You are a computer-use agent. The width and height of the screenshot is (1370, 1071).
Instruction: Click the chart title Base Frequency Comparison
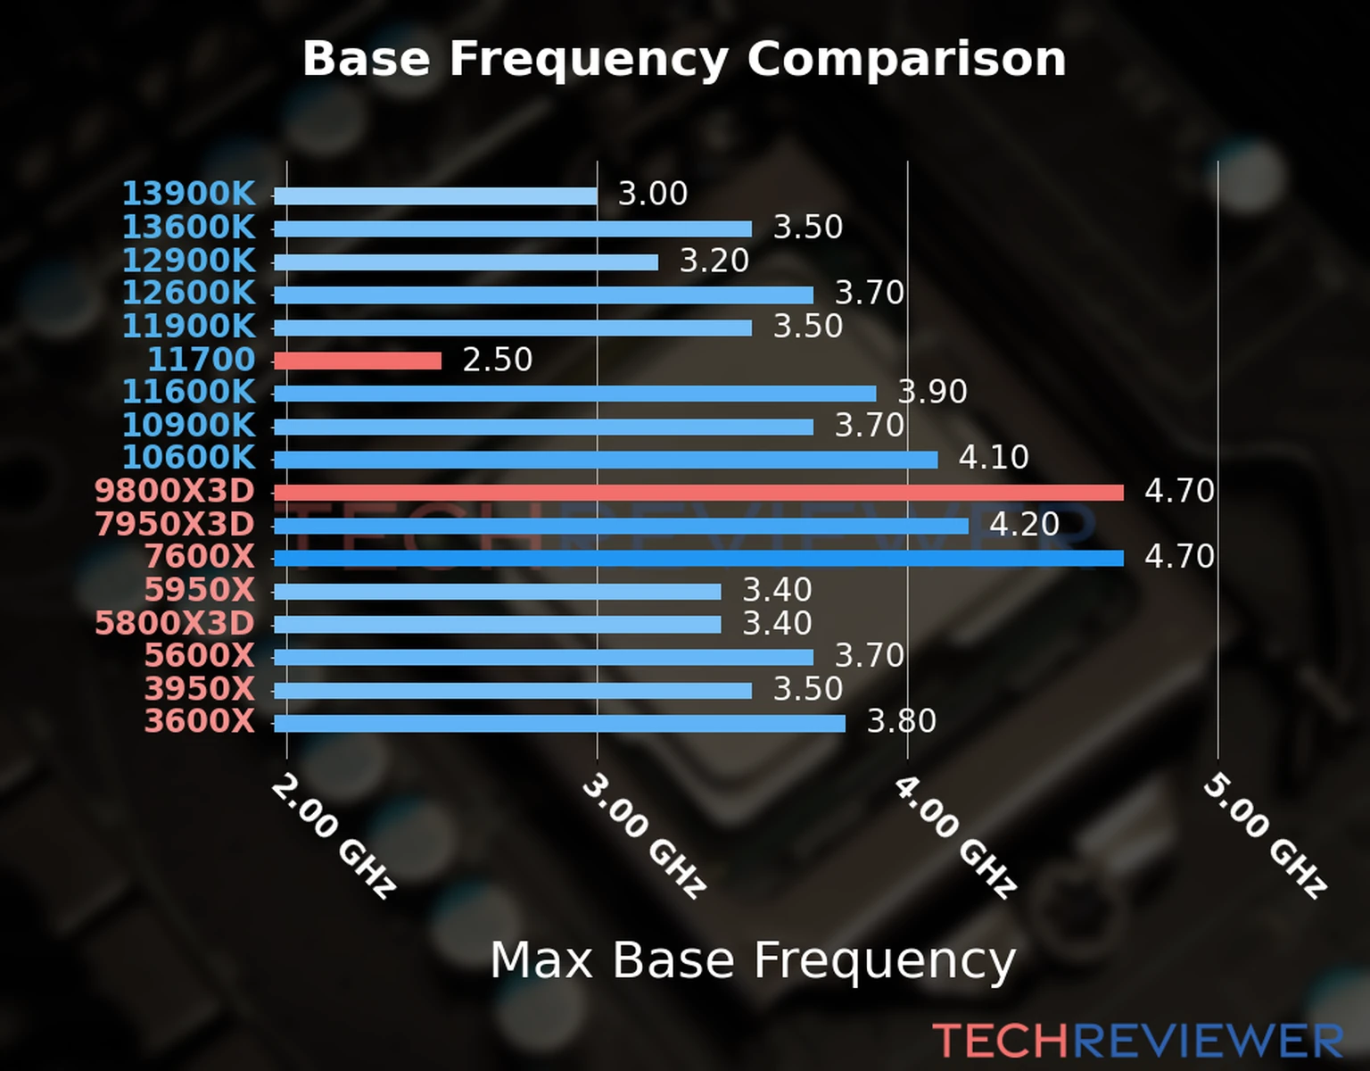point(684,59)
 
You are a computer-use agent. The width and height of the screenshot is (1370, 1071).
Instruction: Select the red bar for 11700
point(357,361)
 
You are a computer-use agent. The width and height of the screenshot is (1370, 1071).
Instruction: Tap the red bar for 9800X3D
point(697,493)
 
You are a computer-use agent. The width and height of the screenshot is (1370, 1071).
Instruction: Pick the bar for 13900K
point(435,195)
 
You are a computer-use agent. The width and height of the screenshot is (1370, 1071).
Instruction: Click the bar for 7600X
point(697,559)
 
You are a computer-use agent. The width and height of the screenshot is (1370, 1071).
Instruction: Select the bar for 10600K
point(605,460)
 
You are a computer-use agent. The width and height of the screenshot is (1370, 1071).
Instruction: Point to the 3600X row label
point(200,721)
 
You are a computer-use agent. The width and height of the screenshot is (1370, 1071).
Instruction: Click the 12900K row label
point(188,261)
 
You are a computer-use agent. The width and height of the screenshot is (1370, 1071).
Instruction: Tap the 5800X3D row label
point(175,623)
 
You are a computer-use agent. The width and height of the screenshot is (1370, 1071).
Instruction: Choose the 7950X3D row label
point(175,525)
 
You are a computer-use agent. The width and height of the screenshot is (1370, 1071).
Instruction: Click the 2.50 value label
point(497,360)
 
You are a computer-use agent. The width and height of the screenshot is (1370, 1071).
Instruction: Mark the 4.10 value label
point(993,458)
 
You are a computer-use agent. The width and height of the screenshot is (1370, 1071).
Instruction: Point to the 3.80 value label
point(901,721)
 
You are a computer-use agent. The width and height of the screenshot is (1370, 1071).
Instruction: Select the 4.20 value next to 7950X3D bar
point(1024,524)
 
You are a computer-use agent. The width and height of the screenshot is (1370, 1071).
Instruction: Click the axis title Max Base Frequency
point(752,960)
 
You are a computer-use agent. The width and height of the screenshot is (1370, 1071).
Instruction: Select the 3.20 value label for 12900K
point(714,261)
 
